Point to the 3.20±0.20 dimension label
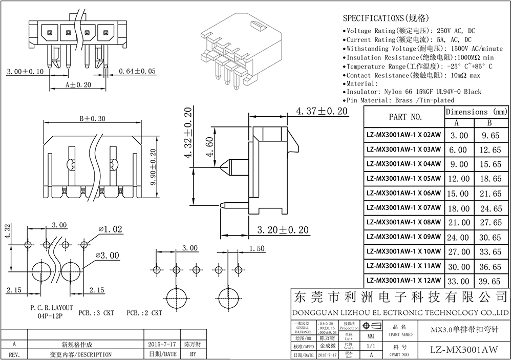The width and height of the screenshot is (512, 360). pos(283,230)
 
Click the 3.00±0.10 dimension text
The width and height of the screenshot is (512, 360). pos(25,71)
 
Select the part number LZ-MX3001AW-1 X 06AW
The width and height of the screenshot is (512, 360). pos(403,194)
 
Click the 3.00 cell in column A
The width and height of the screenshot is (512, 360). pos(459,136)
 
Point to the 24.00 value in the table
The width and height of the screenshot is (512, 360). pos(459,238)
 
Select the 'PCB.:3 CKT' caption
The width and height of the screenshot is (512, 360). pos(96,312)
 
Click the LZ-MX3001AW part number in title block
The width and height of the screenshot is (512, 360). pos(463,349)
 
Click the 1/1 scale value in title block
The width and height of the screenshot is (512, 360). pos(370,346)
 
